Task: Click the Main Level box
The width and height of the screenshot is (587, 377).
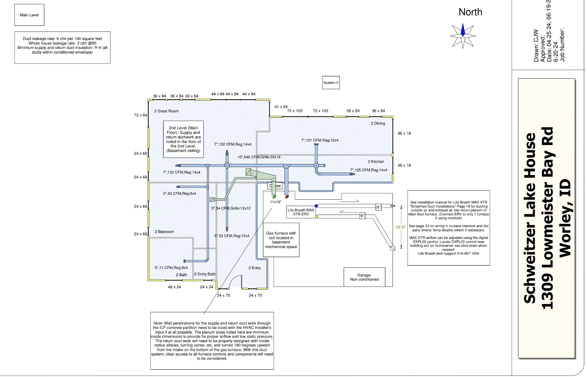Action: (x=29, y=15)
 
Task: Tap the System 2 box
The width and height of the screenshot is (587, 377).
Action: (x=331, y=83)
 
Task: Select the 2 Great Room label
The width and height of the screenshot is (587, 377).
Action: (x=166, y=111)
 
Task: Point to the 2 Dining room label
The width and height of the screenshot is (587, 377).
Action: (x=378, y=123)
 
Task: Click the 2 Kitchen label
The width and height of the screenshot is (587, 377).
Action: (x=376, y=162)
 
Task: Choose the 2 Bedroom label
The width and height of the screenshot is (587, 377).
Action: (x=164, y=232)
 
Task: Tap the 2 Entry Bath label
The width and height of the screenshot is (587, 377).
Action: (x=205, y=274)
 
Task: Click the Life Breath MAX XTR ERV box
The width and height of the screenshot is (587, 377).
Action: (x=301, y=212)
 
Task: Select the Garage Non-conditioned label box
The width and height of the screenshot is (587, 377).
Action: (x=364, y=277)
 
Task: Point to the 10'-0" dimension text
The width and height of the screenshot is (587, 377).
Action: (x=401, y=227)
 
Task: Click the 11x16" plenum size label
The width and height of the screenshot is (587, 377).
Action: (x=276, y=202)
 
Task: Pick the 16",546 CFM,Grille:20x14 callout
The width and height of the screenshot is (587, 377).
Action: (x=259, y=157)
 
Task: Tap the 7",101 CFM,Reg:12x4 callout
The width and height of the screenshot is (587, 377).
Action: (x=320, y=141)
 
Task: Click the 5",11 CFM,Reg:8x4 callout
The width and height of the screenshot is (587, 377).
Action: (x=171, y=268)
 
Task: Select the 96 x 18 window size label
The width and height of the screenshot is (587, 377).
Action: (x=404, y=134)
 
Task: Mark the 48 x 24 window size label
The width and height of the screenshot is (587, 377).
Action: (x=174, y=287)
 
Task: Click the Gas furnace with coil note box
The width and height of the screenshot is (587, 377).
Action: (x=281, y=240)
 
